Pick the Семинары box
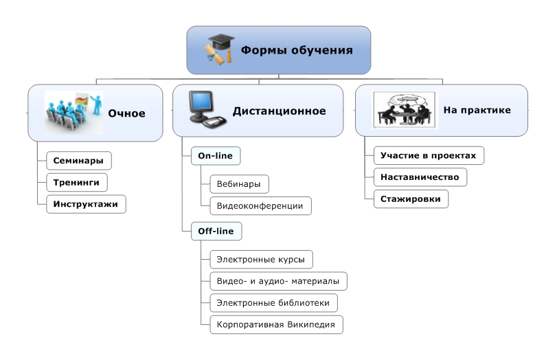point(79,161)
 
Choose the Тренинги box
point(77,182)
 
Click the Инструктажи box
point(86,204)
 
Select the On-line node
point(215,157)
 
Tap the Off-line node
point(216,232)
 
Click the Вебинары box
point(239,184)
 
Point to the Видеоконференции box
point(260,205)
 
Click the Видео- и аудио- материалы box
point(278,281)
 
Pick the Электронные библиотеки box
point(273,302)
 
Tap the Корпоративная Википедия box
point(275,324)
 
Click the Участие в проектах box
point(429,155)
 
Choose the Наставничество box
point(420,177)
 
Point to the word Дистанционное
point(279,111)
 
